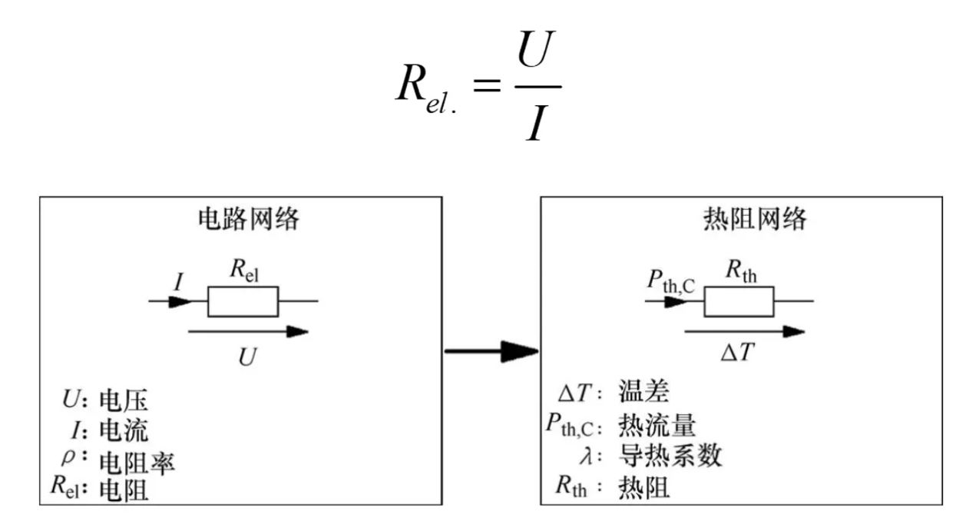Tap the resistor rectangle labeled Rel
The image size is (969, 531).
(243, 301)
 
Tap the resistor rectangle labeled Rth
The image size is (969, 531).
(739, 301)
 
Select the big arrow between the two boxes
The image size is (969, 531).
(491, 352)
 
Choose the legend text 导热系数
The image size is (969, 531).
(670, 456)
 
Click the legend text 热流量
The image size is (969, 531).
(656, 425)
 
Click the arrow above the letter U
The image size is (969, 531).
(248, 332)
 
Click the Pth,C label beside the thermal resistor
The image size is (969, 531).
(670, 284)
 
